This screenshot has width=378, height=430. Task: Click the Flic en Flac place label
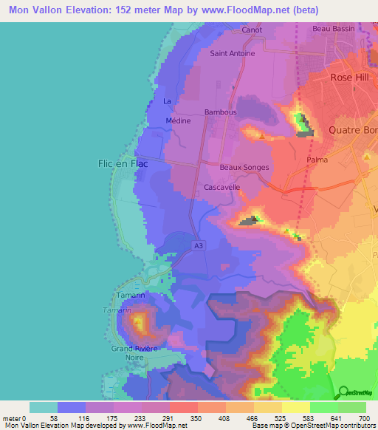click(123, 164)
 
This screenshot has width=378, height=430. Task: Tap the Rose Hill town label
click(352, 77)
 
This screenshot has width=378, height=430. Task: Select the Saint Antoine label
click(233, 53)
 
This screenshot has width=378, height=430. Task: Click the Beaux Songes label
click(244, 168)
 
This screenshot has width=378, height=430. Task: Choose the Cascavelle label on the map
click(222, 188)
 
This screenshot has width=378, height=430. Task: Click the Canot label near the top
click(252, 30)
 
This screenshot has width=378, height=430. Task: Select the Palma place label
click(317, 159)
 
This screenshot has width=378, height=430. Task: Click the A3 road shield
click(197, 245)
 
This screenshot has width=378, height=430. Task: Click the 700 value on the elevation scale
click(362, 417)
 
